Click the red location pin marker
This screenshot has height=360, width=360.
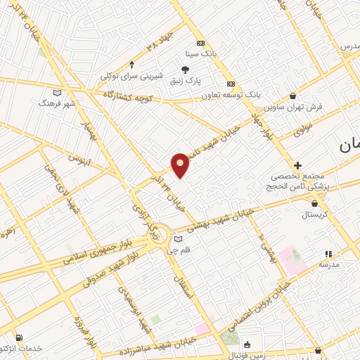pyautogui.click(x=181, y=165)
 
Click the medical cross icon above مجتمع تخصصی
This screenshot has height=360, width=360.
pyautogui.click(x=298, y=165)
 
